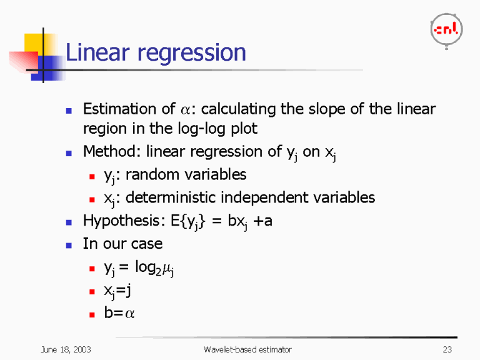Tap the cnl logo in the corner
point(446,29)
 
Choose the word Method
point(107,152)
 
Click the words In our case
point(122,243)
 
